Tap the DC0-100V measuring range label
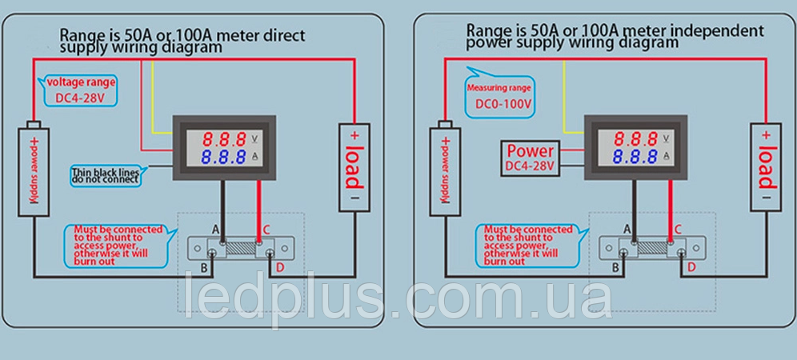click(x=503, y=105)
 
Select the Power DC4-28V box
click(x=530, y=158)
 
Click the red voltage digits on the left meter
click(x=224, y=138)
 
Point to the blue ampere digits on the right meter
click(x=635, y=155)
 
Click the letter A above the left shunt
click(x=216, y=230)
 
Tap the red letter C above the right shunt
click(x=678, y=230)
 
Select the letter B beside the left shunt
click(x=204, y=269)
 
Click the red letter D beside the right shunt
click(x=691, y=267)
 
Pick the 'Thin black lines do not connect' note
click(x=105, y=175)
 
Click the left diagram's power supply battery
click(x=34, y=169)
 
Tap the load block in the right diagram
click(x=766, y=166)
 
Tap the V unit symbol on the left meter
click(x=254, y=138)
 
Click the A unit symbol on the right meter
click(x=666, y=155)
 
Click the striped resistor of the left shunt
click(x=238, y=248)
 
